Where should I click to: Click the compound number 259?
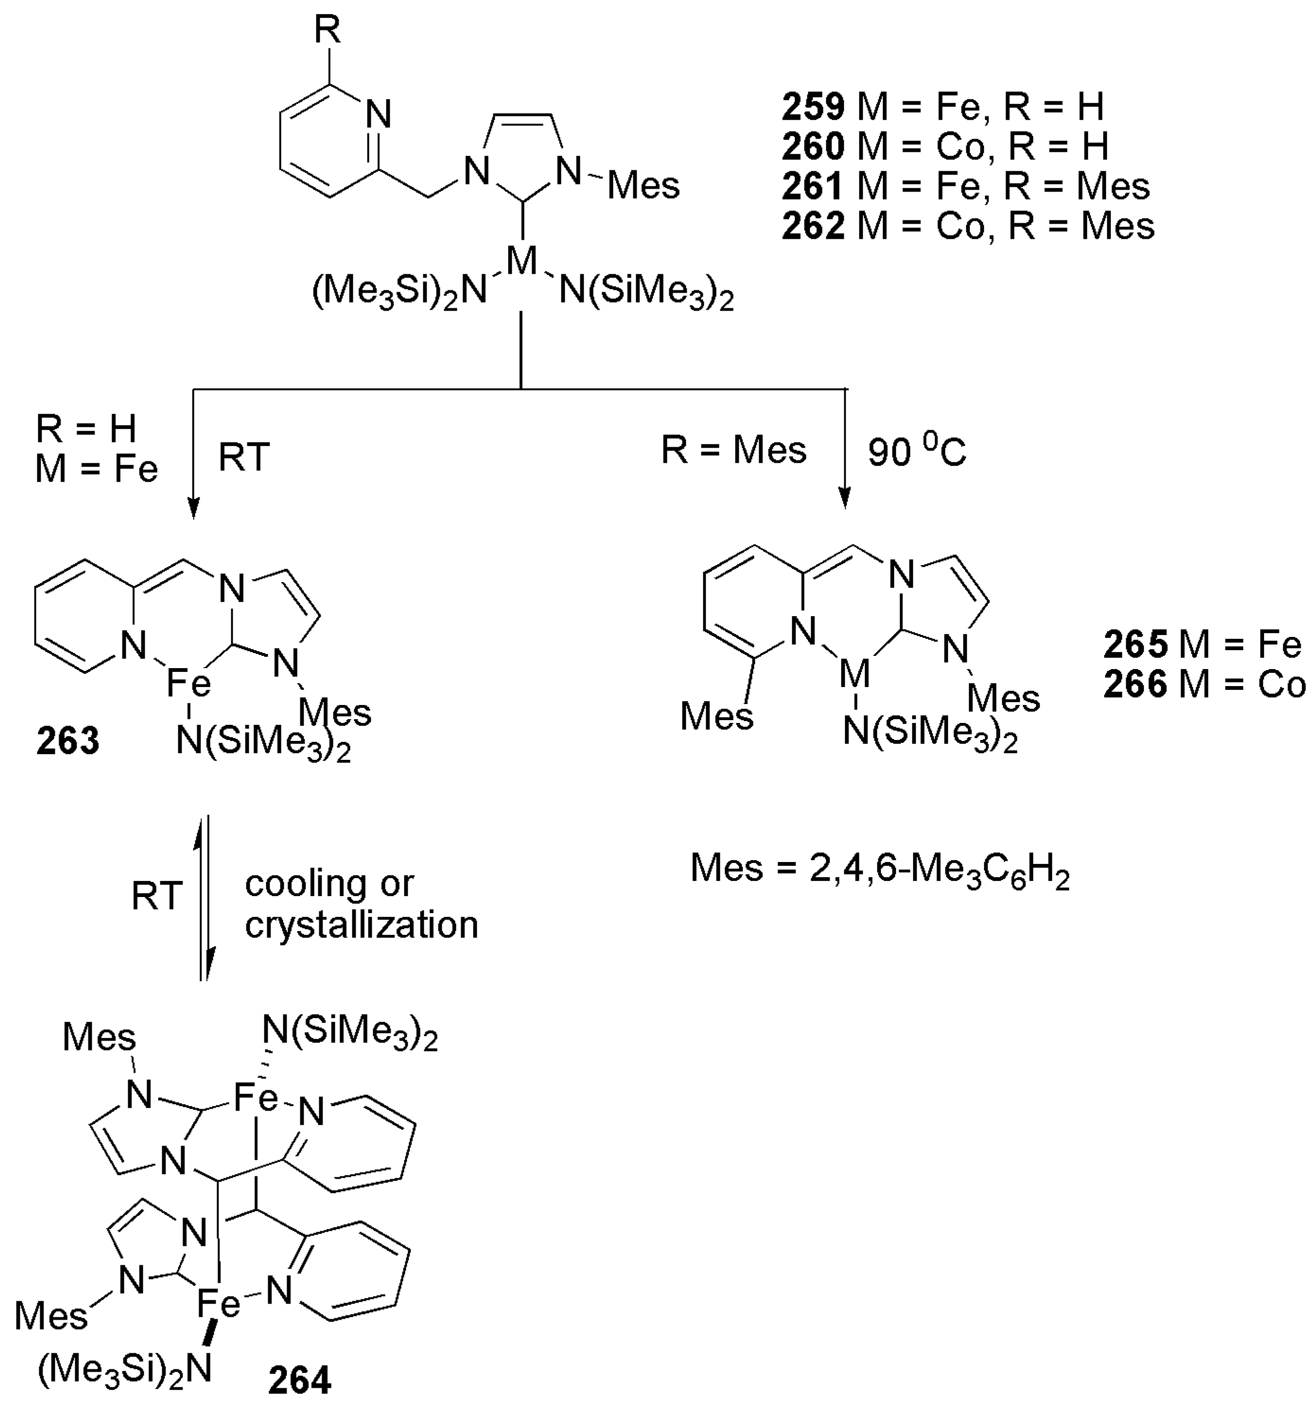tap(813, 107)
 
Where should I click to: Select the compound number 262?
tap(813, 226)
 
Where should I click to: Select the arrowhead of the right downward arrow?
tap(844, 498)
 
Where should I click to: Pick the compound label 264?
tap(300, 1380)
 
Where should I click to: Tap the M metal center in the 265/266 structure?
tap(854, 674)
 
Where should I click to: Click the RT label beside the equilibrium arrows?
tap(157, 896)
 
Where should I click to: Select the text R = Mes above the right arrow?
tap(734, 450)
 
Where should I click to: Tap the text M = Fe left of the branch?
tap(97, 470)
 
